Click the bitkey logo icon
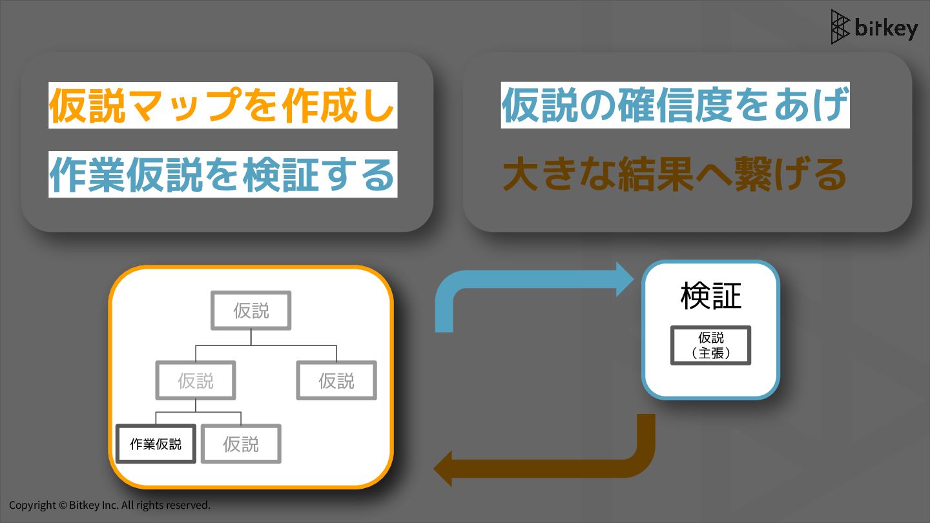[x=840, y=27]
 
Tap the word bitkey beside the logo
[x=886, y=28]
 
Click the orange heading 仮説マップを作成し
[x=222, y=105]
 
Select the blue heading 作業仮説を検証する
[x=222, y=175]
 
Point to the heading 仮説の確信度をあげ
[x=674, y=105]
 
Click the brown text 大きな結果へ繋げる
[x=674, y=175]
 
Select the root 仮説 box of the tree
[x=251, y=311]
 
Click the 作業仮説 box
[x=156, y=444]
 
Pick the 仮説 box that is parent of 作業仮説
[x=196, y=380]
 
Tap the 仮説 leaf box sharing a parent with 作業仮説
[x=241, y=444]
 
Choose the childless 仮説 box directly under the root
[x=336, y=380]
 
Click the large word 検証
[x=710, y=296]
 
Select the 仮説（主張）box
[x=710, y=345]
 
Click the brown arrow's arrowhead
[x=443, y=468]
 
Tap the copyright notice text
[x=110, y=505]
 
